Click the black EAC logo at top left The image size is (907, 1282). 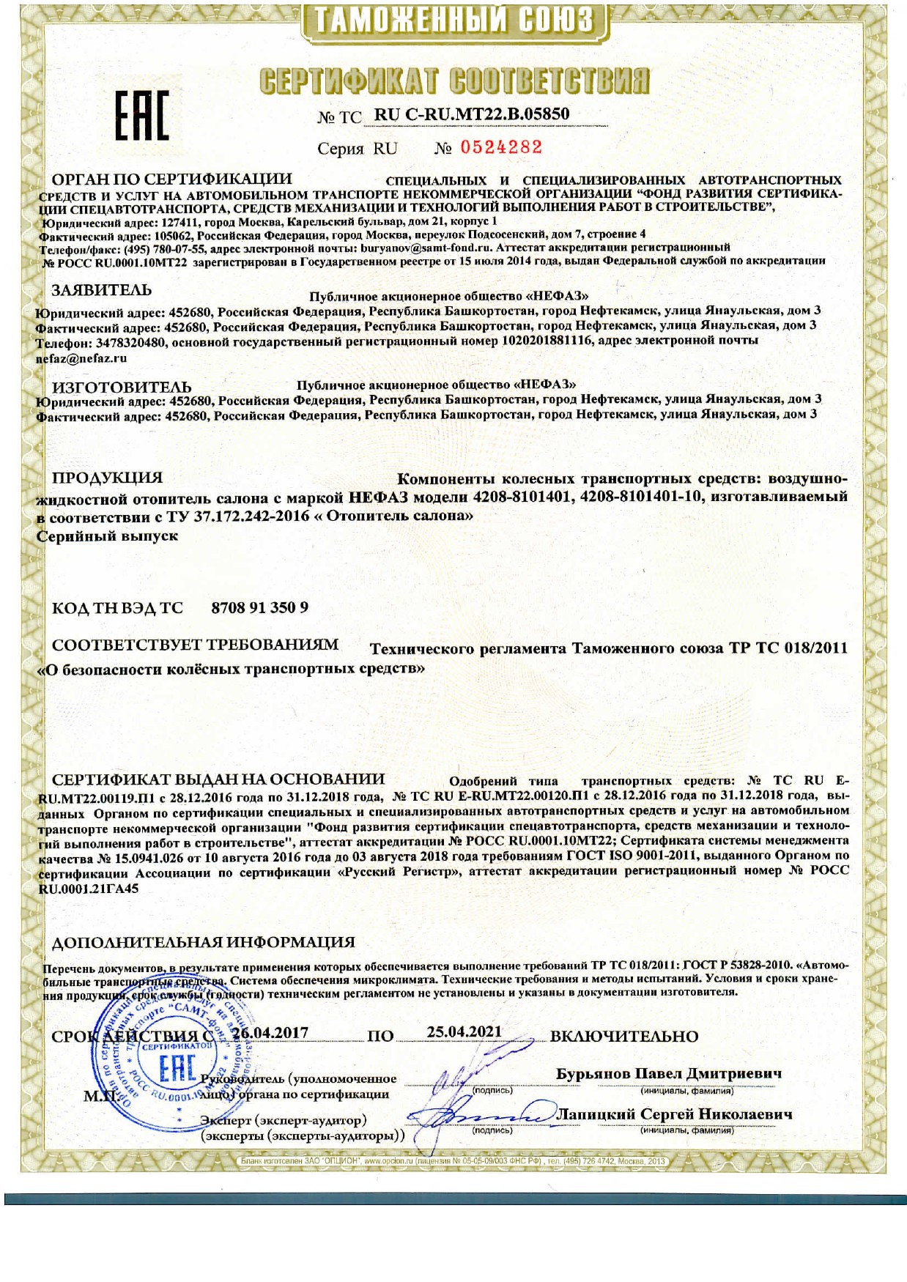tap(141, 116)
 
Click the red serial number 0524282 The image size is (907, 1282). tap(501, 147)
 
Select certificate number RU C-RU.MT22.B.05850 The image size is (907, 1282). tap(471, 114)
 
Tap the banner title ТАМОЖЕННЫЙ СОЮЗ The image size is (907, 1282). tap(454, 21)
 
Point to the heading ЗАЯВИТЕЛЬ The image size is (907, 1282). tap(102, 290)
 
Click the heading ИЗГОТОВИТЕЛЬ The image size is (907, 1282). tap(122, 386)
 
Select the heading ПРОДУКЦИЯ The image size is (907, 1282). tap(107, 478)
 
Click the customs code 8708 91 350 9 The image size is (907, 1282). tap(259, 608)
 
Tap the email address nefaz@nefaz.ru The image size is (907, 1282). tap(81, 358)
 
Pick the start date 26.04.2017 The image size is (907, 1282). tap(270, 1033)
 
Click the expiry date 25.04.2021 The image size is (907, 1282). tap(464, 1031)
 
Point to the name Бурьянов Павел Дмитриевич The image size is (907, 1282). tap(668, 1073)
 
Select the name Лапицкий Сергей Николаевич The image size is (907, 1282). tap(674, 1114)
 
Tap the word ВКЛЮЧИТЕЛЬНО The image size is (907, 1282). tap(623, 1036)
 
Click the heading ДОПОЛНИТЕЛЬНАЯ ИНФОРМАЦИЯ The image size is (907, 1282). tap(203, 942)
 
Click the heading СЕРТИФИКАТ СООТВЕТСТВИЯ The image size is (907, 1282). tap(454, 80)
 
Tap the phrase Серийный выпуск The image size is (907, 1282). tap(107, 536)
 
